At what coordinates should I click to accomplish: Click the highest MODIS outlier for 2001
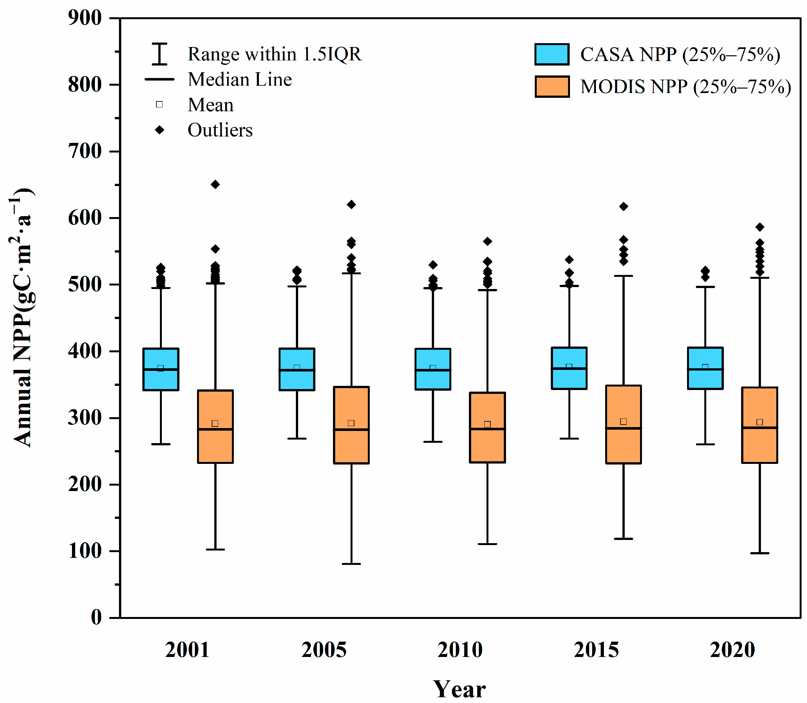click(215, 184)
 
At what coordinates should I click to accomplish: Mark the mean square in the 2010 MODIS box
click(487, 425)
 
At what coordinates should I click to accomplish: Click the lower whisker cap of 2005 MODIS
click(351, 564)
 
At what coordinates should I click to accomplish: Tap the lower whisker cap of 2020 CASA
click(705, 444)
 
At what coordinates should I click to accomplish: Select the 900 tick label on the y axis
click(85, 18)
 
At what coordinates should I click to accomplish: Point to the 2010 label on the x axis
click(460, 650)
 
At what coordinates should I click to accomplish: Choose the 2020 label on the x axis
click(732, 650)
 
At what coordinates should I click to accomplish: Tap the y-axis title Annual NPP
click(22, 318)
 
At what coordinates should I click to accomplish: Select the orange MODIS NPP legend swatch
click(552, 87)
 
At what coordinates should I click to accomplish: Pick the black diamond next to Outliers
click(159, 130)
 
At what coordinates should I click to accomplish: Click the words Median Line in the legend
click(240, 80)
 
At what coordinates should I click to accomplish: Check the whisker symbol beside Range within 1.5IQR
click(159, 54)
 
